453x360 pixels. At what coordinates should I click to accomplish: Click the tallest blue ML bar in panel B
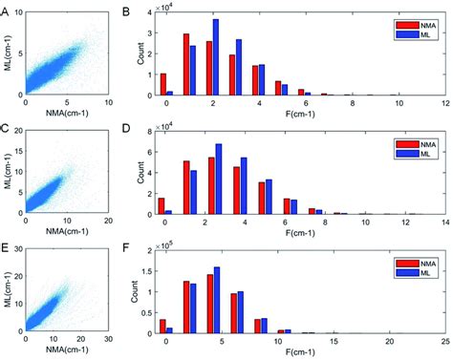pos(215,57)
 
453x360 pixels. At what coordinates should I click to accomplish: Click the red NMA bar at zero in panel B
pos(163,84)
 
